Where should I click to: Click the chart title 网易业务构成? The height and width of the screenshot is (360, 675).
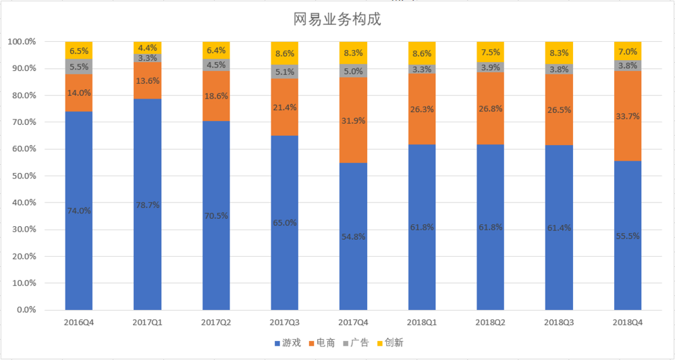point(337,20)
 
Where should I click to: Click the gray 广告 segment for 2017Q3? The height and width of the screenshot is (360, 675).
point(284,72)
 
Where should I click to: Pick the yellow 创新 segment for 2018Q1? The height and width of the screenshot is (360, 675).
point(421,51)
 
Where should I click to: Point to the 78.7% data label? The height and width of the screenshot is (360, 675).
point(147,205)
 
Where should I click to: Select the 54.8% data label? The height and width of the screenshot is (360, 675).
point(353,236)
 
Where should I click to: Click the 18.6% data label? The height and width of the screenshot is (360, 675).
point(216,97)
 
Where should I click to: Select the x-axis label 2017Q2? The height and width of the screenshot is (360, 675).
point(216,322)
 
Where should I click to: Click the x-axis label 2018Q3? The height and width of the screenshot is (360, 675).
point(559,322)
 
